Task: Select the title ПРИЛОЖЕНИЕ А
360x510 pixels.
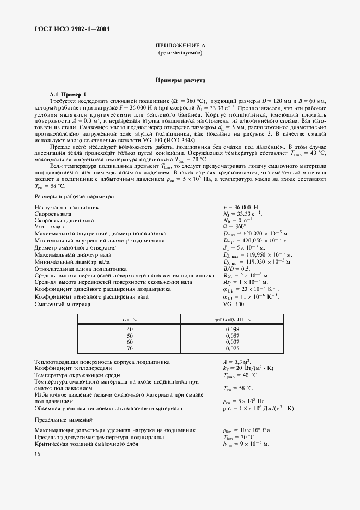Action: tap(180, 47)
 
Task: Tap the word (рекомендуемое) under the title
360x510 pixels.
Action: tap(180, 53)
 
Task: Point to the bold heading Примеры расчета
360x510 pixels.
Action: tap(180, 80)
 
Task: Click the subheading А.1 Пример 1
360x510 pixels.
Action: tap(68, 94)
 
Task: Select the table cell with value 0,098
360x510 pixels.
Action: tap(232, 330)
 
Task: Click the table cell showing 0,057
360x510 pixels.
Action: tap(232, 336)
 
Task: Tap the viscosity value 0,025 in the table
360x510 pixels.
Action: tap(232, 348)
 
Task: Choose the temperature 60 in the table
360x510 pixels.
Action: tap(130, 342)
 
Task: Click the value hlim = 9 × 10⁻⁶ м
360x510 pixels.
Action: tap(246, 444)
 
